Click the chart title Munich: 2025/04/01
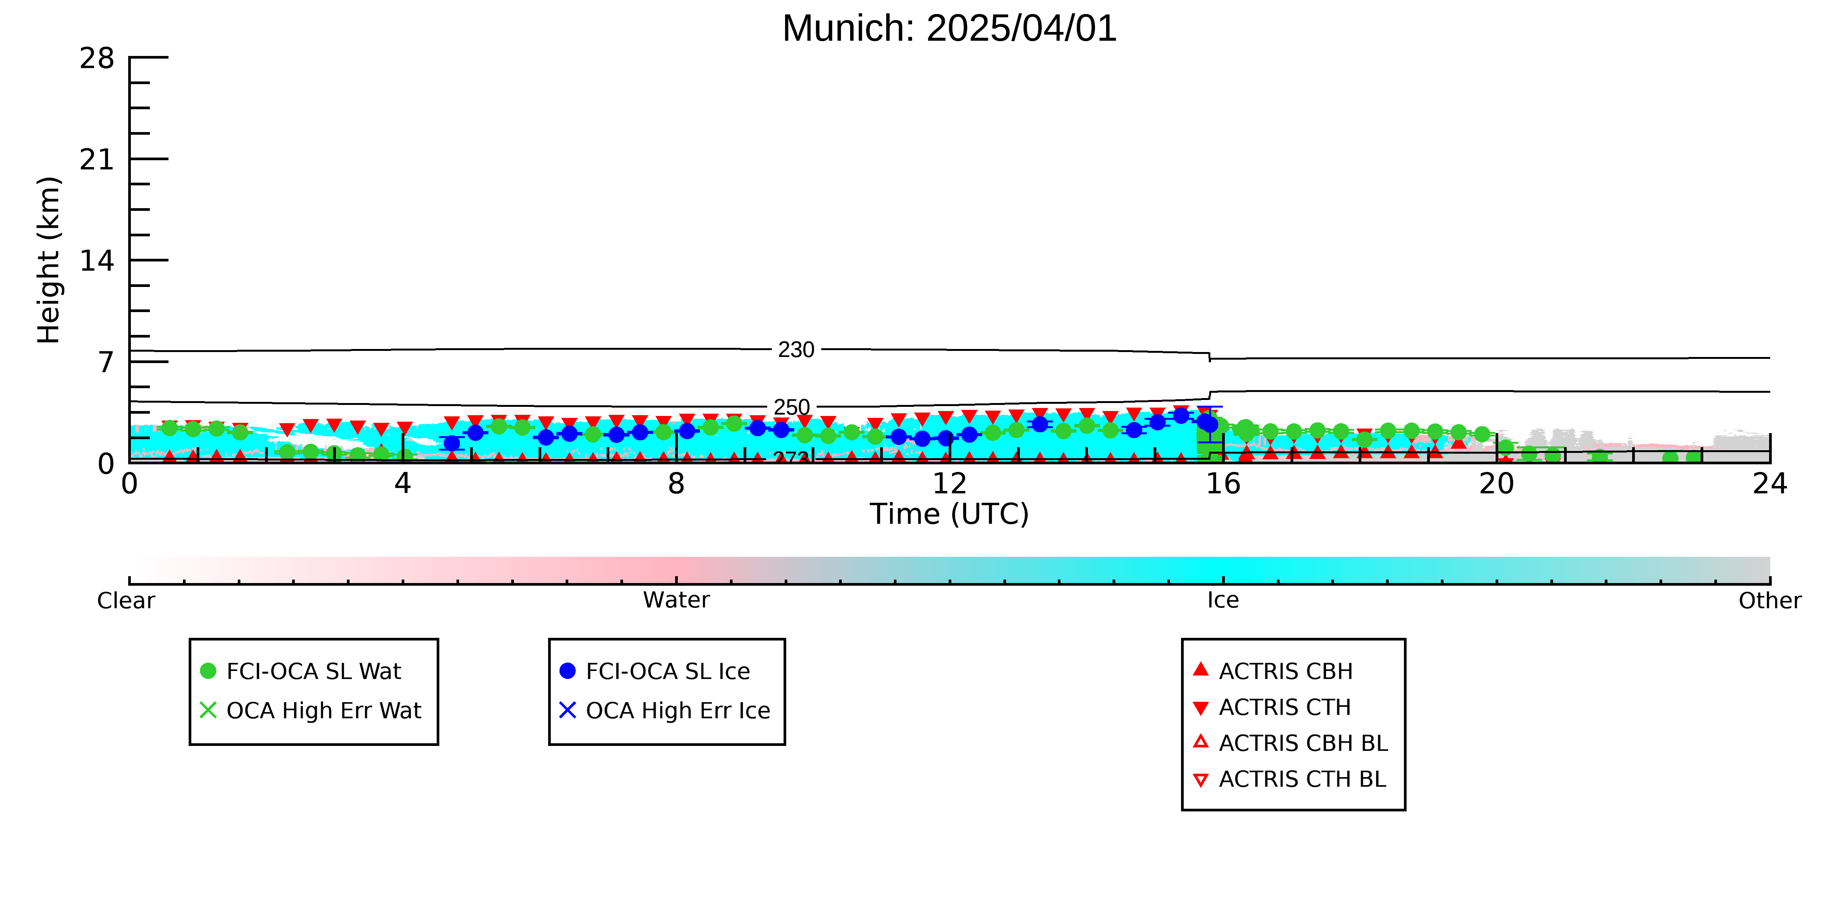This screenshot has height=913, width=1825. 949,29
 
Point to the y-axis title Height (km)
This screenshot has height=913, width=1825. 49,260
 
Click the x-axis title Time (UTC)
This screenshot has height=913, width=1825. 949,514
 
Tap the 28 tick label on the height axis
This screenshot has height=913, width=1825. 97,58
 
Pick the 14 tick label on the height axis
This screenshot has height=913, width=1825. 97,261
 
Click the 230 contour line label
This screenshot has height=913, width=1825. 796,349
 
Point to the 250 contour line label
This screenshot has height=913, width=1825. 791,408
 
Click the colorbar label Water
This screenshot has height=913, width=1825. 676,601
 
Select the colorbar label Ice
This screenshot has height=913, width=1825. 1223,601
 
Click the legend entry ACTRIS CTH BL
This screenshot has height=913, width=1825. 1289,779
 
